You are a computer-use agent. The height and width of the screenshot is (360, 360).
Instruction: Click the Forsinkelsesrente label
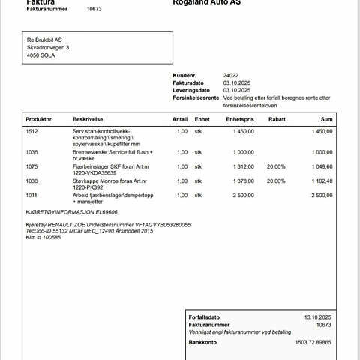(x=196, y=97)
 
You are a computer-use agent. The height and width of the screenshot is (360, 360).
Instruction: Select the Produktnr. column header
(x=39, y=119)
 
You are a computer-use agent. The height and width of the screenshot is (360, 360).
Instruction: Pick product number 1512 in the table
(x=31, y=131)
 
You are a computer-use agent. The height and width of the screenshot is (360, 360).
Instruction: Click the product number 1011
(x=31, y=195)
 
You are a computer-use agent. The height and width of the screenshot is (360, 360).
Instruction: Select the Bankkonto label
(x=202, y=342)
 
